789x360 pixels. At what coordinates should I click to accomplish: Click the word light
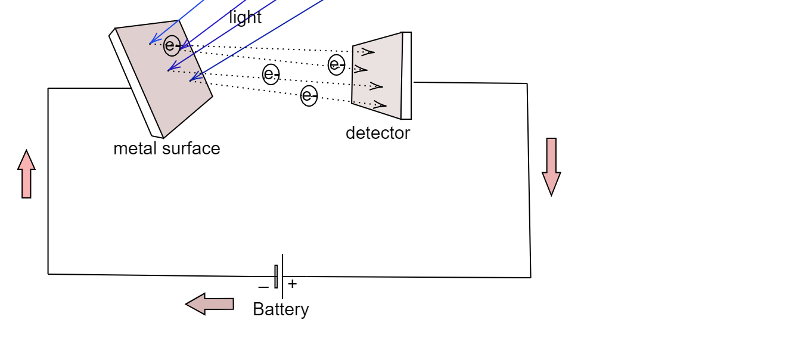[245, 18]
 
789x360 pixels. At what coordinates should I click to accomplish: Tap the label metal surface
[167, 148]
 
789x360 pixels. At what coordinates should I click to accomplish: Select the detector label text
[378, 133]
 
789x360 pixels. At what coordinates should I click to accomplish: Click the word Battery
[281, 309]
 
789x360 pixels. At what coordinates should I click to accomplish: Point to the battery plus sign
[293, 284]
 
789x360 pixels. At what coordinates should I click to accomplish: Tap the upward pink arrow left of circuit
[26, 174]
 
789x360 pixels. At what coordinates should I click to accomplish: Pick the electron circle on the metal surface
[172, 45]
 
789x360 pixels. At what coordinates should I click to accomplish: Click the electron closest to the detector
[337, 64]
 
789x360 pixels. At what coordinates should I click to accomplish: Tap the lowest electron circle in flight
[309, 95]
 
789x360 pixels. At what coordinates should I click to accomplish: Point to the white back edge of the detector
[406, 76]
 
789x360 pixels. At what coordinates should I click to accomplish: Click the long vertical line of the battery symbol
[282, 276]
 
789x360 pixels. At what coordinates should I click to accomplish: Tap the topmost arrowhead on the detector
[368, 52]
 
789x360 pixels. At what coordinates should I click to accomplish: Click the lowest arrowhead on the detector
[380, 105]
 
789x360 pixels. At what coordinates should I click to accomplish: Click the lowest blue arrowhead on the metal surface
[193, 77]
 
